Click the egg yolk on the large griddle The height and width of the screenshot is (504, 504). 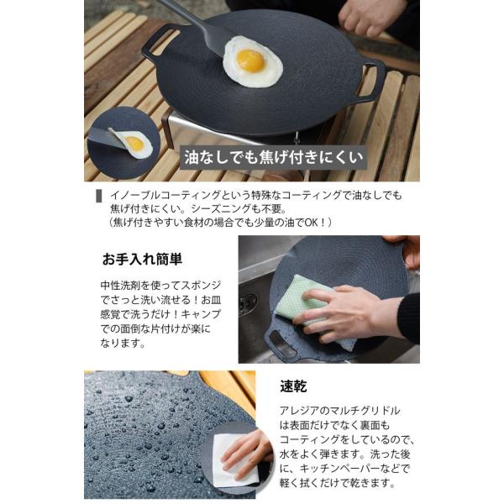(250, 60)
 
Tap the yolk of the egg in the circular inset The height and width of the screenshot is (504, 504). (134, 144)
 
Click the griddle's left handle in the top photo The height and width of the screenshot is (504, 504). (158, 41)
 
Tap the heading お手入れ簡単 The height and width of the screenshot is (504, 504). (142, 259)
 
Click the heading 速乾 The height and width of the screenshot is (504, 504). (293, 386)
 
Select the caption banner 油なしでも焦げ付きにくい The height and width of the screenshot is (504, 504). (273, 158)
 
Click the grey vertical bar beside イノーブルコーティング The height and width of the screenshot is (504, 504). (99, 196)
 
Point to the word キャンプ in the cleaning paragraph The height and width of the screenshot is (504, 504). (202, 314)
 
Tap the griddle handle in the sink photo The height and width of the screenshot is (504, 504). (281, 342)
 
